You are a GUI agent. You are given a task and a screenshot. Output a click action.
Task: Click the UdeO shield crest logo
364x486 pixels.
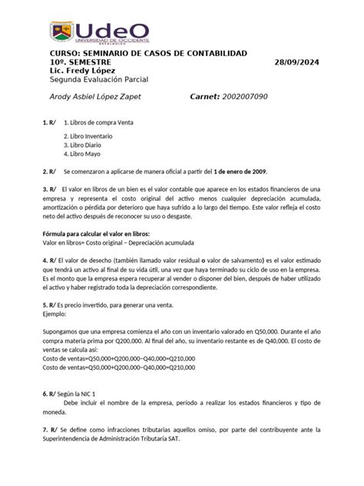[x=62, y=32]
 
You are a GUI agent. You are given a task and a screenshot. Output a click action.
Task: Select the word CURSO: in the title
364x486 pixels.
[x=44, y=52]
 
